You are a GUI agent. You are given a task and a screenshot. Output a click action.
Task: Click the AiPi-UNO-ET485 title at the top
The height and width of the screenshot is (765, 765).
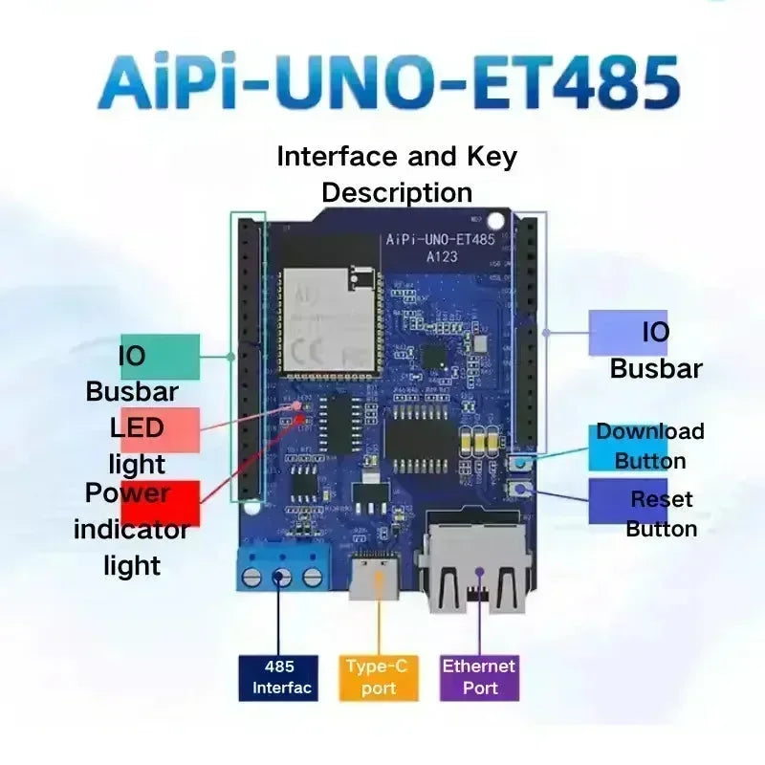tap(388, 83)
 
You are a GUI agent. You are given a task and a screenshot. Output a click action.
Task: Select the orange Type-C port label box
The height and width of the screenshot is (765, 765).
tap(379, 677)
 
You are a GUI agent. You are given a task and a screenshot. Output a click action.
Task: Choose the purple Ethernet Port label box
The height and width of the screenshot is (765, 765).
tap(479, 677)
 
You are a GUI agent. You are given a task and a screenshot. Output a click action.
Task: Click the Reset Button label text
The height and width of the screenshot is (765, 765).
tap(661, 514)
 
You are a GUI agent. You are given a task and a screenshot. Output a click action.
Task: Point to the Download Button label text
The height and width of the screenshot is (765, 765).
tap(650, 446)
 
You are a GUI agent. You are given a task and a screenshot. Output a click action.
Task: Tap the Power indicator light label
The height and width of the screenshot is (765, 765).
tap(132, 529)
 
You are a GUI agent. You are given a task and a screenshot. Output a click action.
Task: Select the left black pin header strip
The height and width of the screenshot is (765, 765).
tap(251, 358)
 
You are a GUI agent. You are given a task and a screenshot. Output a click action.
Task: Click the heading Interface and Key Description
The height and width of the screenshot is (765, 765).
tap(396, 173)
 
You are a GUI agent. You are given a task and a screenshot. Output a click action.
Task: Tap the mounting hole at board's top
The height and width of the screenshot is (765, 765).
tap(493, 218)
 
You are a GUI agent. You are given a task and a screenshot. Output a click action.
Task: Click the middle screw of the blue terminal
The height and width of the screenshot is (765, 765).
tap(282, 576)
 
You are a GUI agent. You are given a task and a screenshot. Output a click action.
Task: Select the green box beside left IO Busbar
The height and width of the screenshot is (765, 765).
tap(161, 357)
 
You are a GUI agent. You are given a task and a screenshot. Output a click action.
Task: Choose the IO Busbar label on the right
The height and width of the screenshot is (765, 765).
tap(656, 350)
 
